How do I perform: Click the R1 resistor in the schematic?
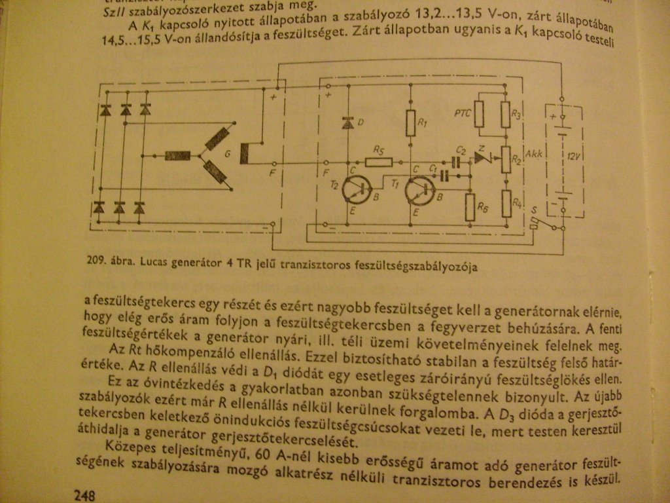click(x=411, y=122)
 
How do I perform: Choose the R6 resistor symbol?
click(x=469, y=207)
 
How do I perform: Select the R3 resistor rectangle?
click(x=506, y=115)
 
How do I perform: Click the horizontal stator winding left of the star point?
click(x=177, y=156)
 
